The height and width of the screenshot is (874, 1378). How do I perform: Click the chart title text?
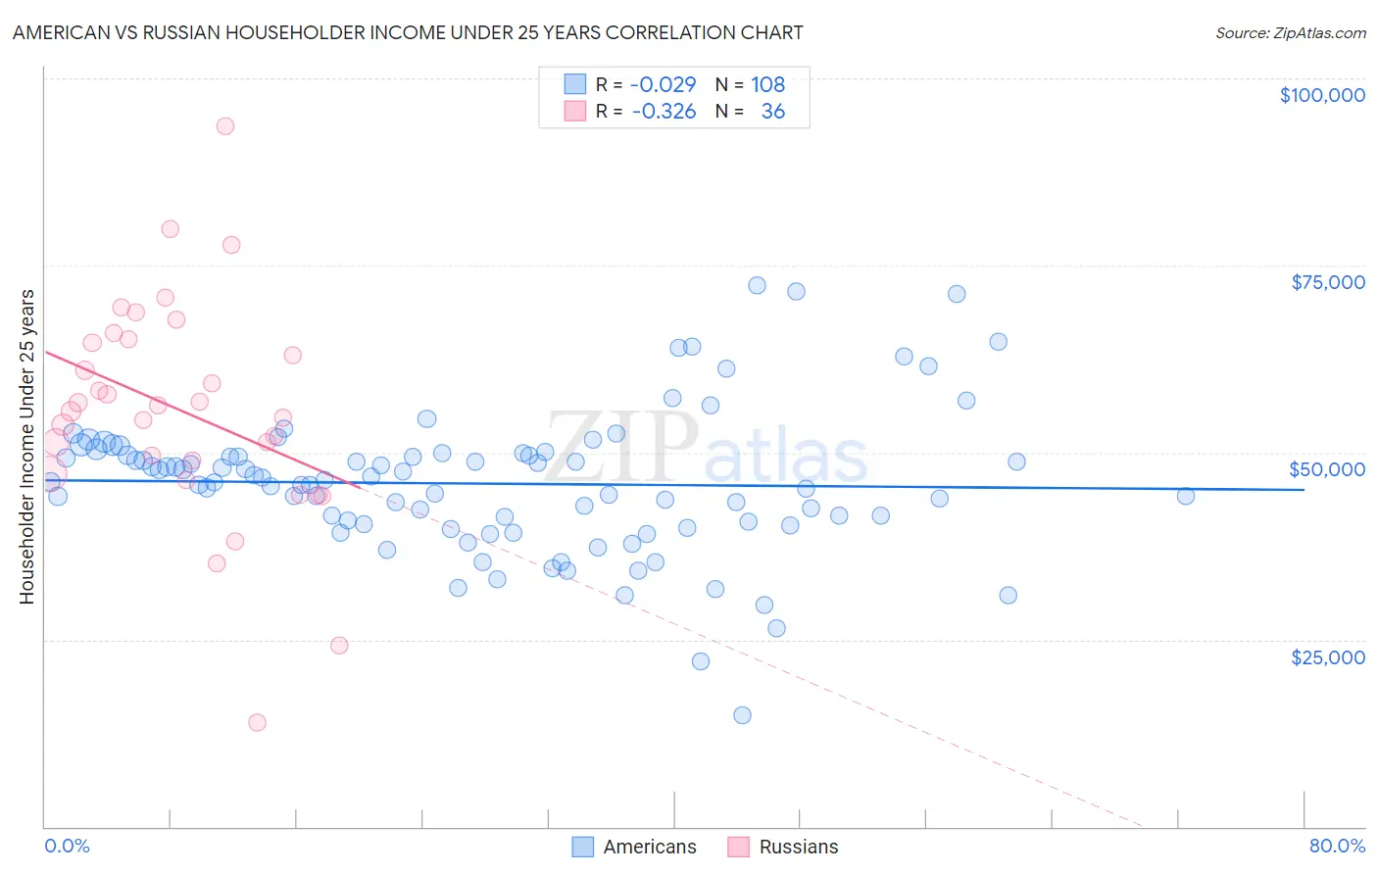408,32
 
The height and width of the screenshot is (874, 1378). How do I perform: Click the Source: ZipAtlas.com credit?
1290,33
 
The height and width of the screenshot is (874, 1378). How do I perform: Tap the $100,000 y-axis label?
1322,95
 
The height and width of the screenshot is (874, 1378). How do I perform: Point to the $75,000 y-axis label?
1328,282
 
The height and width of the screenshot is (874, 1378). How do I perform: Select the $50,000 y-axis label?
1327,469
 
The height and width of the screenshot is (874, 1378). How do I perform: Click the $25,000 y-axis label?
1328,656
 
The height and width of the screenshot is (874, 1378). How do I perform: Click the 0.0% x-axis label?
67,846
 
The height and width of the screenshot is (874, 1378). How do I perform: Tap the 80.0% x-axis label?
1337,846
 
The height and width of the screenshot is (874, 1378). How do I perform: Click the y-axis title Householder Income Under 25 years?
27,446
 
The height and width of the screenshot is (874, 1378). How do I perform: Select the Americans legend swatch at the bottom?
583,847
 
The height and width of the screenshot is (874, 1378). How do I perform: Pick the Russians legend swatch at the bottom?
739,847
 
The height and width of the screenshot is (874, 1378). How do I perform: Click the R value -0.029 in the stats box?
664,85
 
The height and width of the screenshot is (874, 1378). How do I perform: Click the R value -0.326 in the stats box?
664,112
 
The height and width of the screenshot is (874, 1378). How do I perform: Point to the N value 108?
768,85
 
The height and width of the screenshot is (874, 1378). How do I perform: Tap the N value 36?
773,112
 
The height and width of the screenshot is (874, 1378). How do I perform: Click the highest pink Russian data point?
225,126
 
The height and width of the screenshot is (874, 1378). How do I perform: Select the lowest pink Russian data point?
257,723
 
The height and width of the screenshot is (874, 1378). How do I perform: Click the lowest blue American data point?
742,715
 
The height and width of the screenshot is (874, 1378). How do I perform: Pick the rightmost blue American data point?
1186,496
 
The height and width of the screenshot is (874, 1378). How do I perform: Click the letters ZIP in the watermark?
621,447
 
